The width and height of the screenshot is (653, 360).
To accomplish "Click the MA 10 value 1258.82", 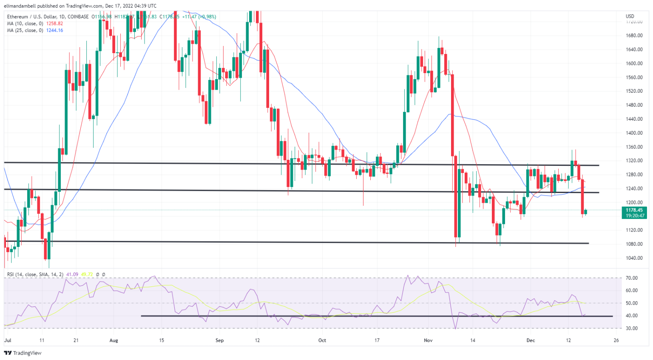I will point(54,24).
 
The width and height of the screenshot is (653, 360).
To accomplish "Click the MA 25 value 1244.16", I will point(54,31).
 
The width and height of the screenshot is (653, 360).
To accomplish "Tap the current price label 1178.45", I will point(634,210).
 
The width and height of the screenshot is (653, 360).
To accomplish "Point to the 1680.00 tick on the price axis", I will point(634,36).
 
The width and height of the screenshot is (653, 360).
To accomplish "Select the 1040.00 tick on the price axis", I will point(634,258).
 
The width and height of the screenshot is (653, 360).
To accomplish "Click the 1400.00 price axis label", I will point(634,133).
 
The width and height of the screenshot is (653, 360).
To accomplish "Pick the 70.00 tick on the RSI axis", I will point(632,278).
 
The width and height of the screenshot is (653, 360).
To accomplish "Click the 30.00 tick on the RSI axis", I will point(632,328).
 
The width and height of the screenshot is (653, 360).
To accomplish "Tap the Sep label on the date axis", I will point(219,340).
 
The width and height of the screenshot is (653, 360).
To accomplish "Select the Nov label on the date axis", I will point(428,340).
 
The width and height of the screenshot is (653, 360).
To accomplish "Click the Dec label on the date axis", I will point(530,340).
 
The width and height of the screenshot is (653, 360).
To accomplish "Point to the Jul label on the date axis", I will point(8,340).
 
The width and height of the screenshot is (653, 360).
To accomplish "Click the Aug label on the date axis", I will point(114,340).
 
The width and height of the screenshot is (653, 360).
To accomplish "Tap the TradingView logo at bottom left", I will point(23,353).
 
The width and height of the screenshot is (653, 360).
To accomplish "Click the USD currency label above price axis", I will point(630,17).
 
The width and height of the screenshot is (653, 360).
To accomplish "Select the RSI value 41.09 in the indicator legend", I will point(70,275).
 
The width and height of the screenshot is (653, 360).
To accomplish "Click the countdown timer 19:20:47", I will point(634,216).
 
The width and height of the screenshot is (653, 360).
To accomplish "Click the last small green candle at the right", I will point(586,212).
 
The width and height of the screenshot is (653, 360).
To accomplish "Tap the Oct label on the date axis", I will point(322,340).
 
